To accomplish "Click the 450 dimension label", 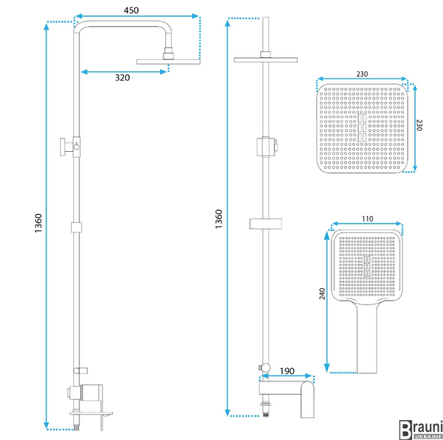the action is tap(131, 10).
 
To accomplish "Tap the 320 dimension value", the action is tap(122, 78).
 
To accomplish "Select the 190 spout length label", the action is tap(287, 371).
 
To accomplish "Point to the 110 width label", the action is tap(367, 219).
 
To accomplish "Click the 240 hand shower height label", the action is tap(322, 294).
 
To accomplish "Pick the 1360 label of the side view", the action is tap(38, 223).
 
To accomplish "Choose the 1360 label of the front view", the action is tap(219, 219).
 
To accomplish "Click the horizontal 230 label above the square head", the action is tap(362, 74).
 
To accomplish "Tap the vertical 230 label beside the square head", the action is tap(420, 125).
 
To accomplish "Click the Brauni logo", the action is tap(421, 429).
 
